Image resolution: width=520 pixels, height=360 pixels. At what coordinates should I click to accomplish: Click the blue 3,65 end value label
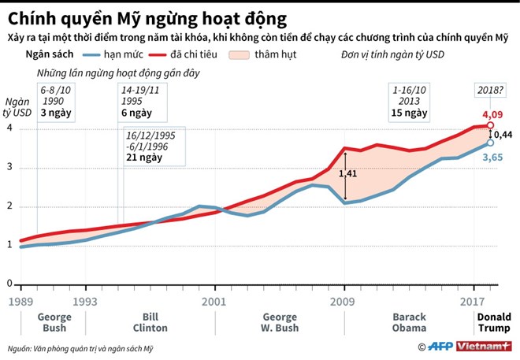point(493,157)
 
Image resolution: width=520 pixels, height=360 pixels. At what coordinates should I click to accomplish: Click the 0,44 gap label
point(504,134)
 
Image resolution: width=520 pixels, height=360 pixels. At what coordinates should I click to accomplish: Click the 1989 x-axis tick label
point(21,300)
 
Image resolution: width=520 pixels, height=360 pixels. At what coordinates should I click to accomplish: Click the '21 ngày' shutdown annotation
point(144,158)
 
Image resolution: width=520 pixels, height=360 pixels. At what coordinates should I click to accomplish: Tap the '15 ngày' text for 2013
point(409,113)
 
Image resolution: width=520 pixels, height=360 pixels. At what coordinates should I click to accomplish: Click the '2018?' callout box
point(491,90)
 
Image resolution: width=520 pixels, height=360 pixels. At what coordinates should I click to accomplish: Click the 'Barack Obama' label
point(409,322)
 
